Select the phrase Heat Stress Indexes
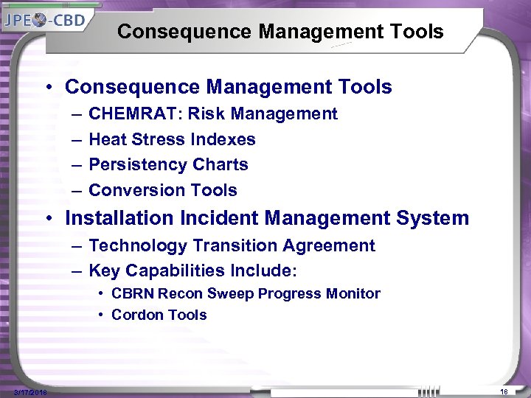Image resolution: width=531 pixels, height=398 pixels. click(172, 139)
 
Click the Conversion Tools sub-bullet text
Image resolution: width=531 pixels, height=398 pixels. click(162, 190)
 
